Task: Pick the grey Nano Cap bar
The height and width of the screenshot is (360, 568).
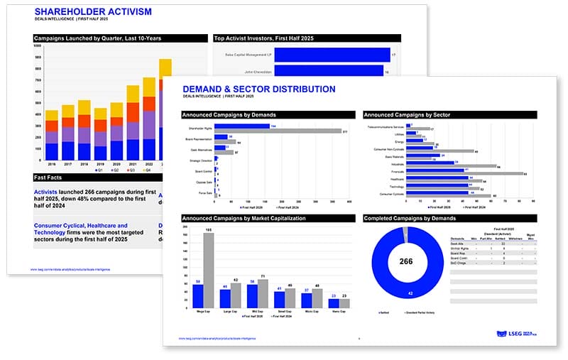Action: coord(344,303)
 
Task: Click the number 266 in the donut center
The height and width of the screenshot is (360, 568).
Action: coord(406,261)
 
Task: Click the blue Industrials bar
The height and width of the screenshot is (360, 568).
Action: coord(434,163)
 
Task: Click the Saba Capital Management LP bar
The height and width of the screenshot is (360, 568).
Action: coord(332,55)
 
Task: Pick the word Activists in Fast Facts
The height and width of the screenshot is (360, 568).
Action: coord(46,192)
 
